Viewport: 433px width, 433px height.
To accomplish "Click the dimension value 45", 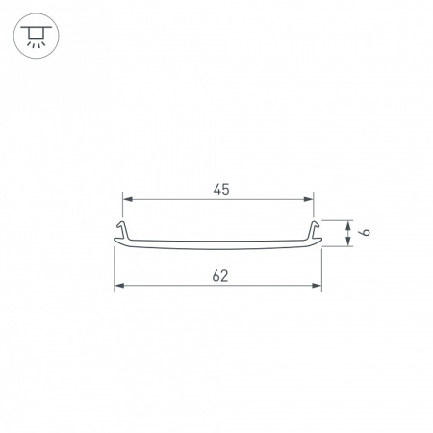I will click(220, 189).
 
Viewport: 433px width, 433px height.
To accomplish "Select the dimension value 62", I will click(220, 276).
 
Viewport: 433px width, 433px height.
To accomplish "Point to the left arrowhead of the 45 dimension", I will click(126, 199).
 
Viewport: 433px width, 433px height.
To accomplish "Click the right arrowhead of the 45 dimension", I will click(310, 199).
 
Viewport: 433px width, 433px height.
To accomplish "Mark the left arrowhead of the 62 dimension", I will click(118, 286).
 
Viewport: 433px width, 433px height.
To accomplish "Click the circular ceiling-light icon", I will click(37, 37).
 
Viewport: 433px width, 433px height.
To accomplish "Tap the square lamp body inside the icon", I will click(37, 35).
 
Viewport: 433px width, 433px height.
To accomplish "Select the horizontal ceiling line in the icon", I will click(37, 28).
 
